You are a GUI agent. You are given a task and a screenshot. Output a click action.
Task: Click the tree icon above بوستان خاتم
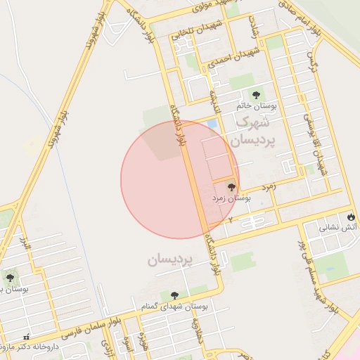click(x=255, y=93)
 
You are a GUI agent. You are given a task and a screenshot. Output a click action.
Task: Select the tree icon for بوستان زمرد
click(x=231, y=186)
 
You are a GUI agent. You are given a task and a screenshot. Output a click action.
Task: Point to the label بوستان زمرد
click(x=232, y=199)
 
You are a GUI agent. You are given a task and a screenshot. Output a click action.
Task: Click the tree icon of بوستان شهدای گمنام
click(x=174, y=295)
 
